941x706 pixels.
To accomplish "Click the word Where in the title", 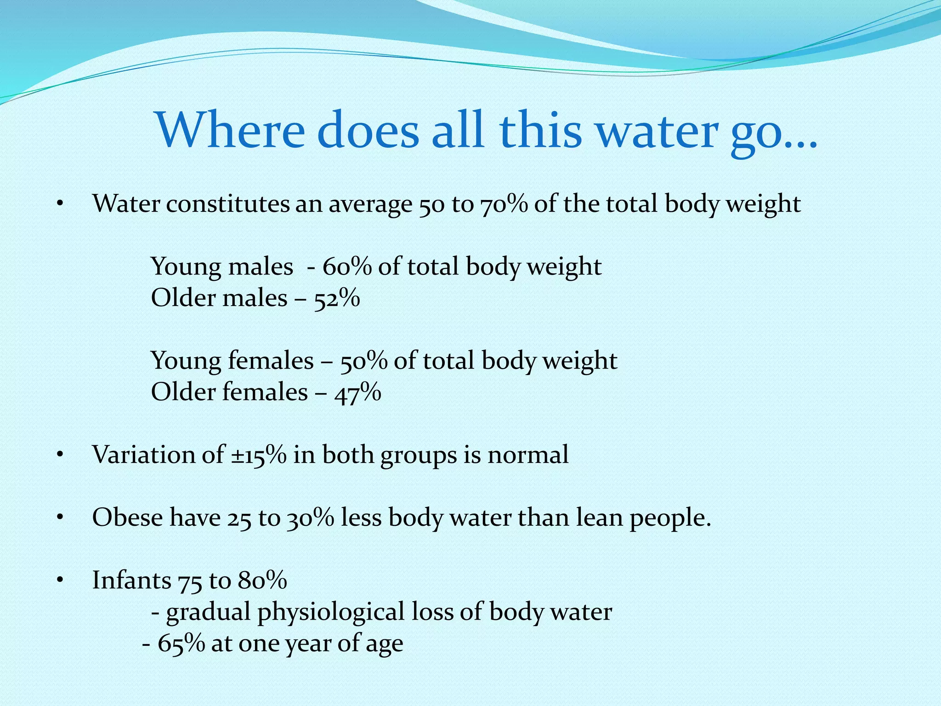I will [x=230, y=130].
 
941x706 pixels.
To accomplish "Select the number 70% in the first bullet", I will [x=504, y=204].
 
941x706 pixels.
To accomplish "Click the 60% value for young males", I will [x=347, y=267].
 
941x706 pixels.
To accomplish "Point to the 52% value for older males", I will [x=337, y=298].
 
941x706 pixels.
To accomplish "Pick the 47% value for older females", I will [x=357, y=393].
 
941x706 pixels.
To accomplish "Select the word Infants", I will [x=131, y=580].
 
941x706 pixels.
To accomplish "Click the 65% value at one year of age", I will [x=181, y=643].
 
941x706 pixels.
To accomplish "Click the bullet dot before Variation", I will [x=59, y=455].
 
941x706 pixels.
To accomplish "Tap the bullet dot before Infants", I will [x=59, y=581].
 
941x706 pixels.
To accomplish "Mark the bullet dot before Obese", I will [x=59, y=518].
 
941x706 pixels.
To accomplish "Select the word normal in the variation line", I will [x=527, y=455].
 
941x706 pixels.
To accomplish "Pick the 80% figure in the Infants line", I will [x=262, y=580].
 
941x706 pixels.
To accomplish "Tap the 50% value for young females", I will [x=363, y=361].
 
